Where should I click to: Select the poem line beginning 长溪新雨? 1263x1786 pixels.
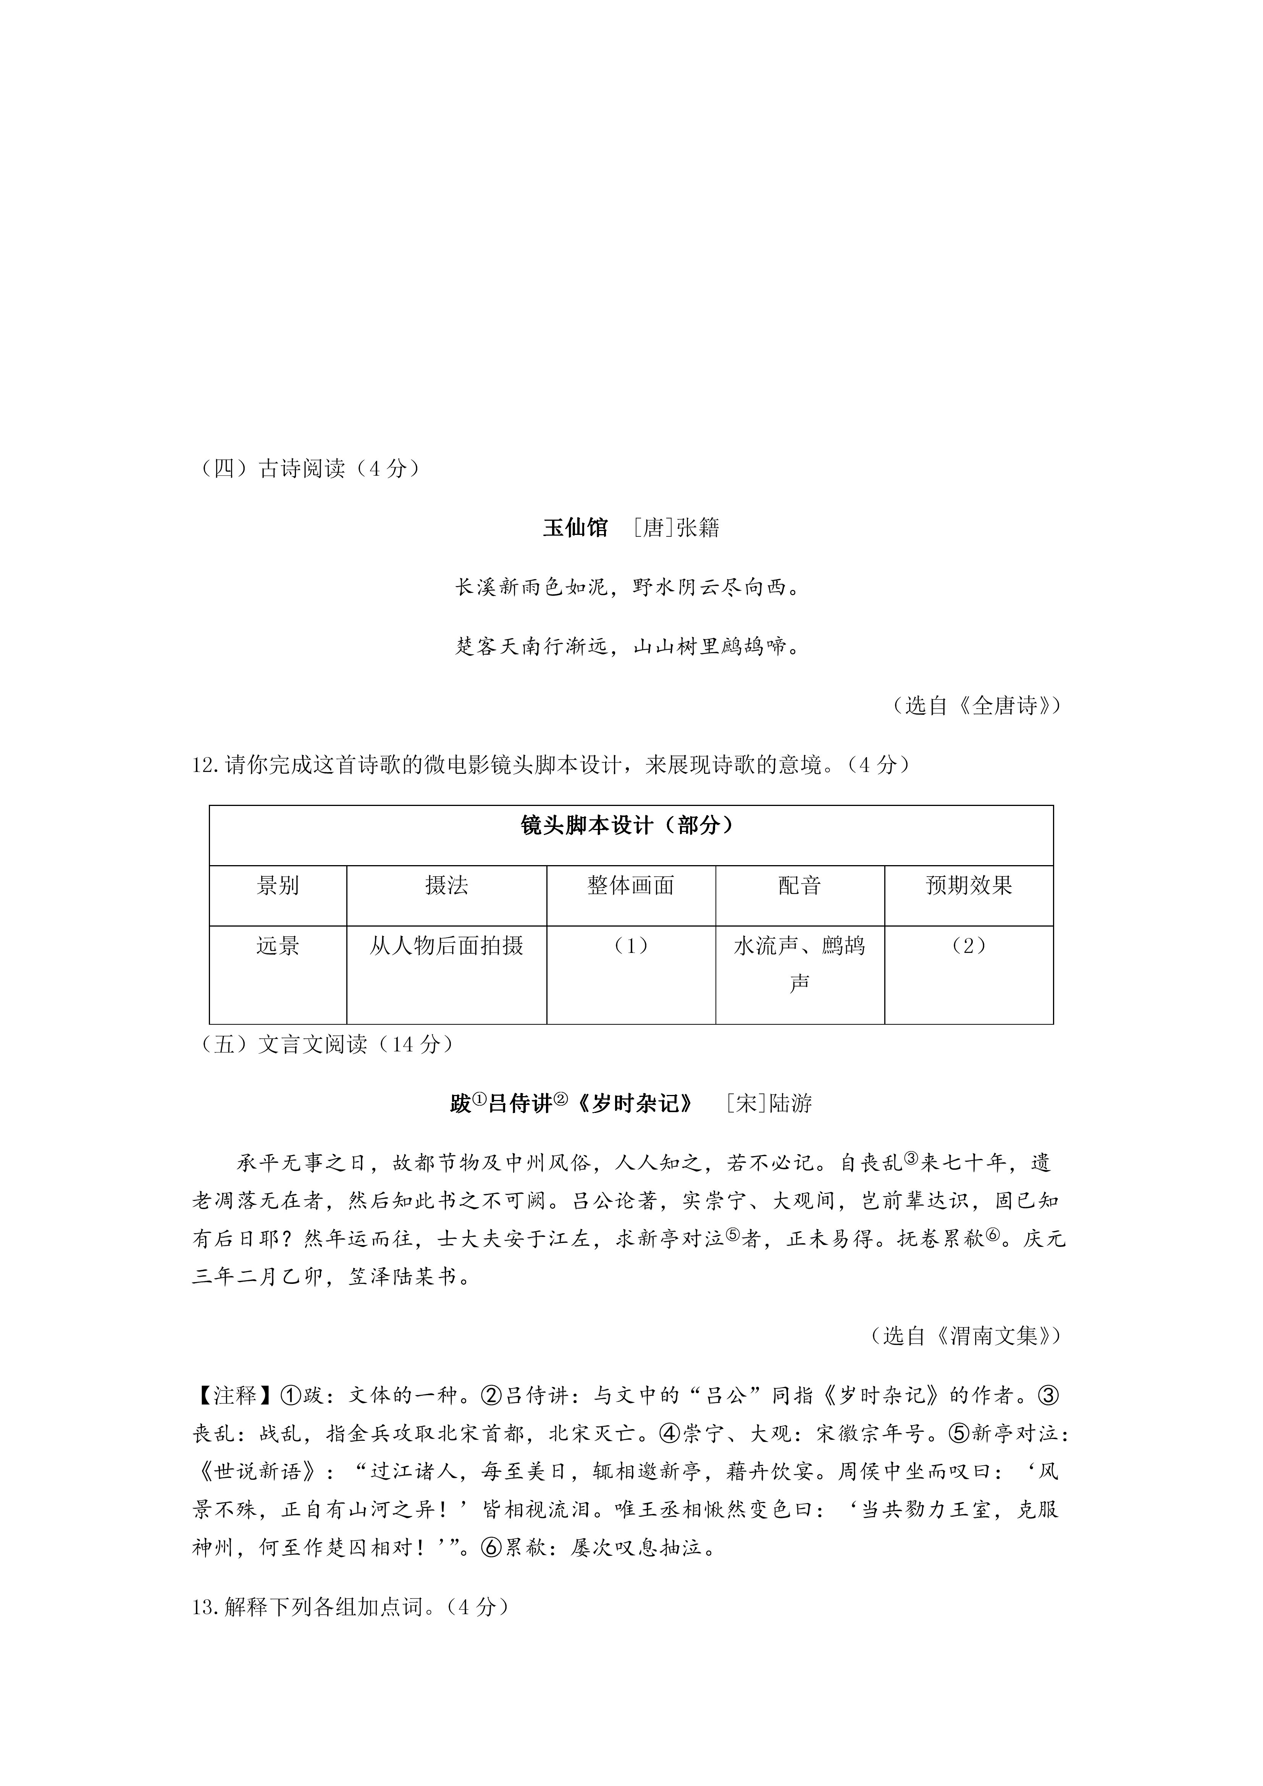click(x=628, y=587)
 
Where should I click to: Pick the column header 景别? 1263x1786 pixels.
click(x=278, y=885)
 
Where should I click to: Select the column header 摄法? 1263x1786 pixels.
click(x=446, y=885)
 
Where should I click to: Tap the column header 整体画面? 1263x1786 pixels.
click(x=631, y=885)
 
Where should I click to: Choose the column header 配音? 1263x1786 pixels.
click(x=799, y=885)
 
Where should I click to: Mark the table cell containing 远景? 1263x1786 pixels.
click(x=278, y=946)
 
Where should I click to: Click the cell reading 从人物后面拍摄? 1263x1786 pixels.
click(x=446, y=946)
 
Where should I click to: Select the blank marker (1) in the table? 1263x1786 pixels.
click(x=631, y=946)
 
